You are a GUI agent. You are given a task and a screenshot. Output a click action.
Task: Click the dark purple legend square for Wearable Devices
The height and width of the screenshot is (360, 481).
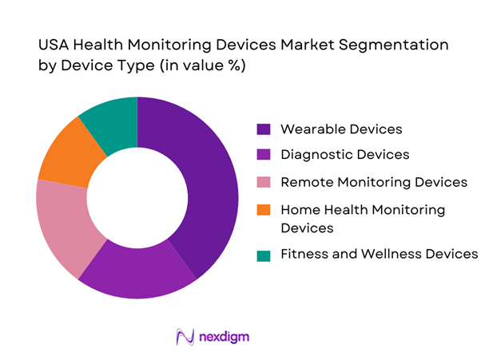point(263,129)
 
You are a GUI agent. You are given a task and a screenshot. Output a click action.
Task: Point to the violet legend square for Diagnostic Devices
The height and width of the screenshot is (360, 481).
point(263,156)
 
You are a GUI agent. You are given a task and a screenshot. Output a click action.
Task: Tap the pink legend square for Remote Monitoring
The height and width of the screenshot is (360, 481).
point(263,183)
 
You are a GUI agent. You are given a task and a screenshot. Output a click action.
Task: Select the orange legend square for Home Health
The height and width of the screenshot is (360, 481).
point(263,210)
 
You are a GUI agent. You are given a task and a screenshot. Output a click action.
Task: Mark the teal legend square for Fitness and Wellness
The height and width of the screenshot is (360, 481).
point(263,255)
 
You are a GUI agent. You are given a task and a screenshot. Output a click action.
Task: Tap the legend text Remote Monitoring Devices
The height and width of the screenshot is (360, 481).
point(373,183)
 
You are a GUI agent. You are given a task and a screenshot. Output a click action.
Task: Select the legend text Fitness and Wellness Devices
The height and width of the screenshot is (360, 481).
point(378,255)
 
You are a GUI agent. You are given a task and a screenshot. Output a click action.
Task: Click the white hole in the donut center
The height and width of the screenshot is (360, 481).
point(137,197)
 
